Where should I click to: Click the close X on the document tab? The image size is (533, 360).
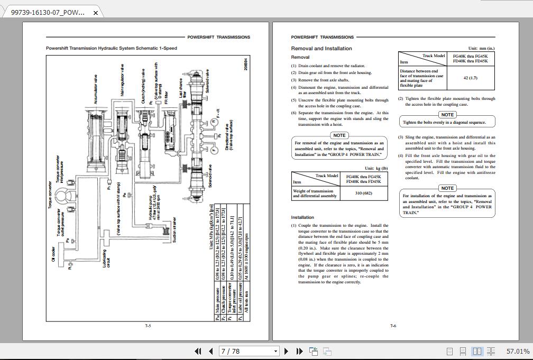[x=95, y=13]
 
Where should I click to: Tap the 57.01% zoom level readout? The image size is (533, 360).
[x=518, y=351]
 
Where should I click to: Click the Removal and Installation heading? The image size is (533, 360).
[x=321, y=49]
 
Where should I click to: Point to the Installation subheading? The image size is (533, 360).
[x=302, y=217]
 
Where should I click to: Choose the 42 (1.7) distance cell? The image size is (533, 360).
[x=470, y=78]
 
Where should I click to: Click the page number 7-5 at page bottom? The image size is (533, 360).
[x=148, y=326]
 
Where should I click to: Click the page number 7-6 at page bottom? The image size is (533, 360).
[x=393, y=326]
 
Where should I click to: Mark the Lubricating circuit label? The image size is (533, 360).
[x=106, y=259]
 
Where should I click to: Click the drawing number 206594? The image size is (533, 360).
[x=245, y=64]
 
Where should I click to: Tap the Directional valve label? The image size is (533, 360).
[x=229, y=137]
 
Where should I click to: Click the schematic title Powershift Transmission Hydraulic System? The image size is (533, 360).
[x=111, y=48]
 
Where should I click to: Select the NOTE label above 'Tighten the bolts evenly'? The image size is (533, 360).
[x=447, y=115]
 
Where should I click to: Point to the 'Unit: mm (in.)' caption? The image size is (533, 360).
[x=481, y=48]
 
